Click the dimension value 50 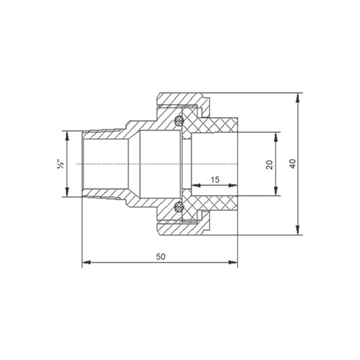[161, 257]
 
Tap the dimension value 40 [293, 163]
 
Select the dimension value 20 [269, 165]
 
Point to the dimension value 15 [215, 179]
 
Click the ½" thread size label [61, 165]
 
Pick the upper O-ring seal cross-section [179, 121]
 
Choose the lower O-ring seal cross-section [179, 207]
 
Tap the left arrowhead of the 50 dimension [86, 262]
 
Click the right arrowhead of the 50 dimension [233, 262]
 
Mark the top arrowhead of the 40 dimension [298, 97]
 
